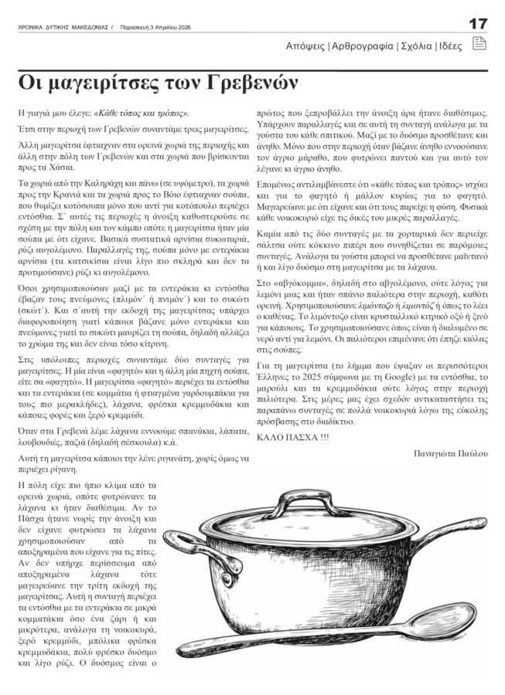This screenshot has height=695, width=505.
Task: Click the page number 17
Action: tap(476, 23)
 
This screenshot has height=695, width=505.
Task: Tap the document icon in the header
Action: tap(479, 45)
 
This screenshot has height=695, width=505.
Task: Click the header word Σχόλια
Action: tap(415, 46)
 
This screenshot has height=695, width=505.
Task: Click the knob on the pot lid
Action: tap(298, 497)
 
